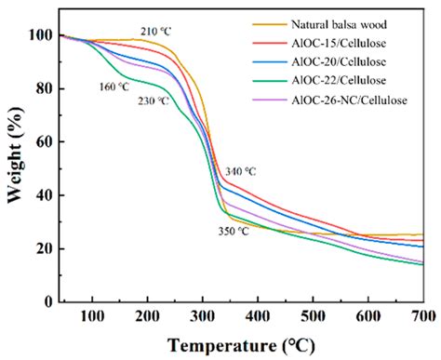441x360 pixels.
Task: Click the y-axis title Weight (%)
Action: point(13,167)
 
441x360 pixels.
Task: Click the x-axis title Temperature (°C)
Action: point(241,346)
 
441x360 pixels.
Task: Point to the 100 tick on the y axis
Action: point(40,36)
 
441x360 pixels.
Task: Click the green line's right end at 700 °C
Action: point(422,264)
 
